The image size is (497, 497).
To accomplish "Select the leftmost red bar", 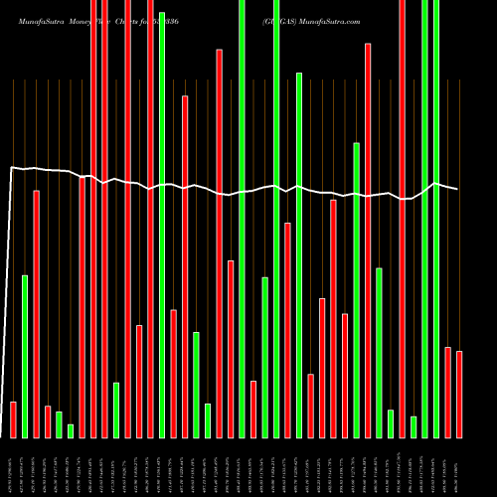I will [13, 418].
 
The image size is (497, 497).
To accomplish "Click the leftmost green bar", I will [25, 355].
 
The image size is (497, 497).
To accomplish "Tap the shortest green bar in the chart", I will [71, 430].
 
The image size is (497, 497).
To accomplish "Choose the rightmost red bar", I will [459, 394].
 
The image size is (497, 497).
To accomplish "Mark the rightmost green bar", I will [436, 219].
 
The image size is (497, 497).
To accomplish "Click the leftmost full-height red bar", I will [93, 219].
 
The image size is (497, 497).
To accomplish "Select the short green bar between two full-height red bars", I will [116, 410].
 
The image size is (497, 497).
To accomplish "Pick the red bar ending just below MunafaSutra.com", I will [368, 240].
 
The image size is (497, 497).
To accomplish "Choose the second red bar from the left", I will [36, 313].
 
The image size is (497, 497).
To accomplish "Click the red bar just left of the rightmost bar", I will [448, 392].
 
